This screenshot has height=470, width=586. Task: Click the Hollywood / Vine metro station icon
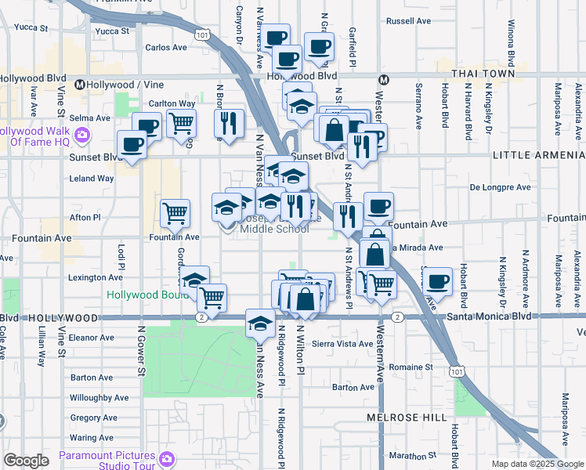79,84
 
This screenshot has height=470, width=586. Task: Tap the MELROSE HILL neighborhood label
406,418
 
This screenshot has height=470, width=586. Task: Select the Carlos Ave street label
166,47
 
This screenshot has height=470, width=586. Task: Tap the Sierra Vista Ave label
342,344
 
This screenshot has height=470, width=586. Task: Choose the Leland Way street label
92,179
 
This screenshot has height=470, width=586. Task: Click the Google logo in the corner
27,461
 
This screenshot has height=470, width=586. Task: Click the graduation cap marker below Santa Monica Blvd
260,322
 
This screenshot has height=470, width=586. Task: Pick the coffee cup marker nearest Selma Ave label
146,126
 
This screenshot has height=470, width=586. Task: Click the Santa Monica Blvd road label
490,316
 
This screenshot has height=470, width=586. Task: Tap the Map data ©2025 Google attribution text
537,464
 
